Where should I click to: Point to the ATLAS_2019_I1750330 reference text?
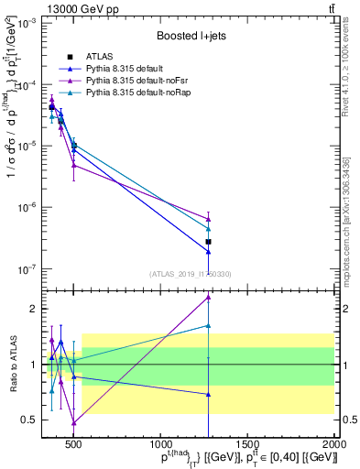click(191, 274)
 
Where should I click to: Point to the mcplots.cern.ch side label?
click(351, 229)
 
